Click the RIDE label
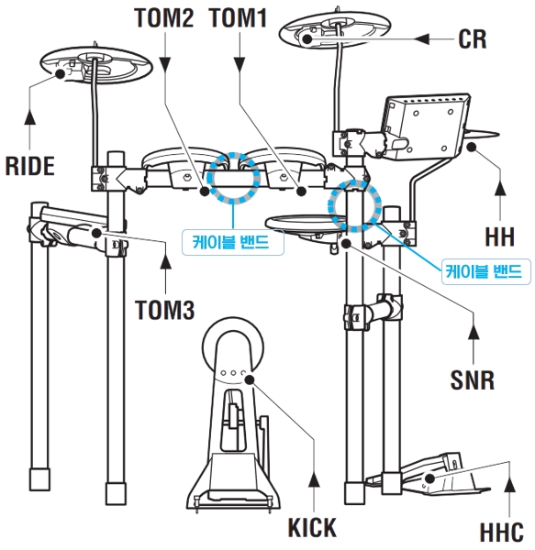30,166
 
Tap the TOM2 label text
164,17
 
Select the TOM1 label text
239,17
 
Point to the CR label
473,38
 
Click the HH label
500,236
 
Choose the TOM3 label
165,310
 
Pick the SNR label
473,379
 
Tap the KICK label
312,527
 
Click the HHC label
502,533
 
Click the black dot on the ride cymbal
61,74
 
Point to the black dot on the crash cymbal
307,38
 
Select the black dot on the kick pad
250,379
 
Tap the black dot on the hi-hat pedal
429,478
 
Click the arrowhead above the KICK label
314,479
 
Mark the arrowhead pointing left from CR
421,38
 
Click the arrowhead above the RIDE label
30,117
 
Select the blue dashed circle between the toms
232,178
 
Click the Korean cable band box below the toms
233,242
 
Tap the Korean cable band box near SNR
485,271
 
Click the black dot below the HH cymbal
472,147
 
